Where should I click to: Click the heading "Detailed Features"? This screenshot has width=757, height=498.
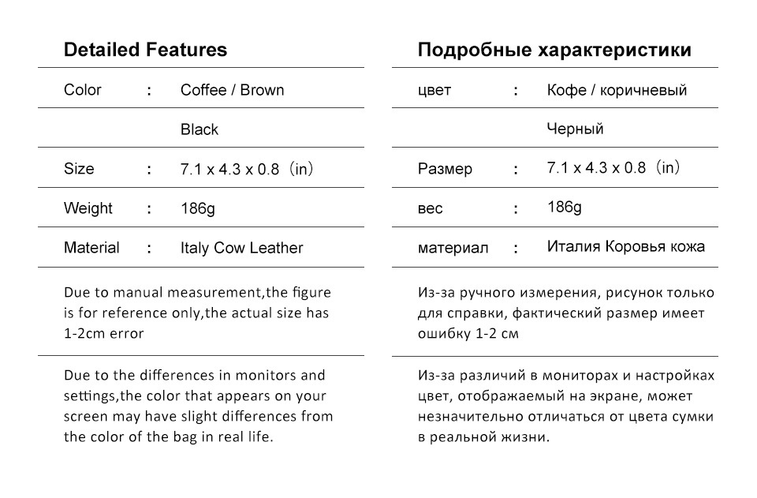145,51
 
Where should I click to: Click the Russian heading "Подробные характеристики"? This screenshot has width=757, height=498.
554,51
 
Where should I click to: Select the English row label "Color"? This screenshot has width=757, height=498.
83,90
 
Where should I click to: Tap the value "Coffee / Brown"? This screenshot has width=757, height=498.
232,90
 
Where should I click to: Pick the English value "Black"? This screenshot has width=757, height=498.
200,129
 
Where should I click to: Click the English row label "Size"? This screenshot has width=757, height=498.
79,169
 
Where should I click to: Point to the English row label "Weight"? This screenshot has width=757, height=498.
88,208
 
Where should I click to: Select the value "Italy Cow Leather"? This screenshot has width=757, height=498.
241,248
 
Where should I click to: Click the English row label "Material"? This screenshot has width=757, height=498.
91,248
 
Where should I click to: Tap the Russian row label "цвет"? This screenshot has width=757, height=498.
434,90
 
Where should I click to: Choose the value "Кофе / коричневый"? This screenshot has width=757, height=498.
617,90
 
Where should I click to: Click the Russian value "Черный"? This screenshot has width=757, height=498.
575,129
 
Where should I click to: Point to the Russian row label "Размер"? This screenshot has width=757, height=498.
445,169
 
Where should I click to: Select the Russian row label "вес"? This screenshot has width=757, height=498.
431,209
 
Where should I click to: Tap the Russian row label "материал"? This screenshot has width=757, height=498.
453,248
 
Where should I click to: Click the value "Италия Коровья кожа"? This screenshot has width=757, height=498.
626,246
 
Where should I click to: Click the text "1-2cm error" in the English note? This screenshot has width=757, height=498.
104,333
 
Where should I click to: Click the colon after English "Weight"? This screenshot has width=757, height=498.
149,209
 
